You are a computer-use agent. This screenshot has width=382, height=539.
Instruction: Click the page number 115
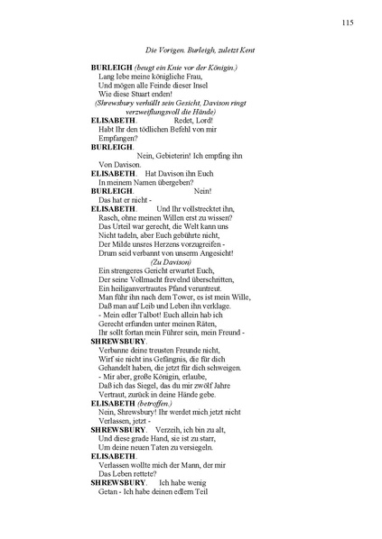click(348, 23)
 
